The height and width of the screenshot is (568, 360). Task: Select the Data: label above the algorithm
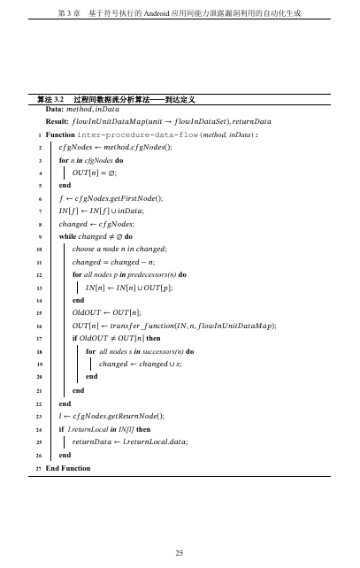(x=55, y=109)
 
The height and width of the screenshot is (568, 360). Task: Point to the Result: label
(x=57, y=120)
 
